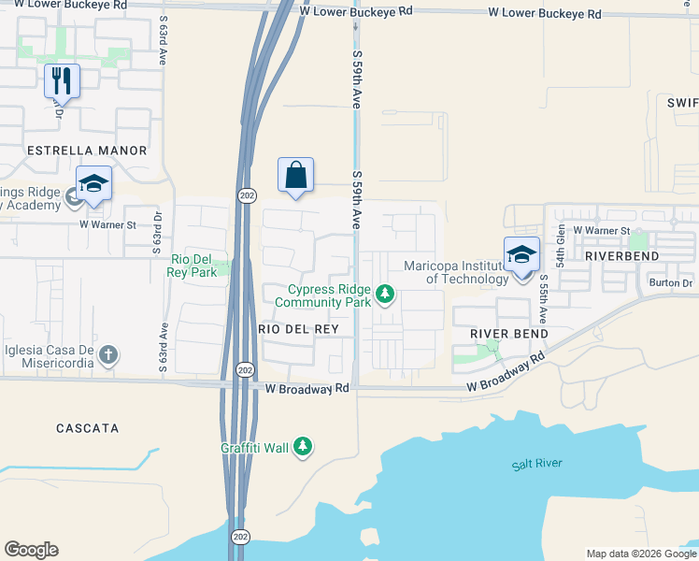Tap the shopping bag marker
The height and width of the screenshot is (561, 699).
click(x=295, y=175)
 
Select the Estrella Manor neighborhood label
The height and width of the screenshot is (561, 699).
click(x=87, y=151)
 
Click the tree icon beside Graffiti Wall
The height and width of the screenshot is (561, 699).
click(x=302, y=448)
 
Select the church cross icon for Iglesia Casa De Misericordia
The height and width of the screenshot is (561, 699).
click(x=109, y=354)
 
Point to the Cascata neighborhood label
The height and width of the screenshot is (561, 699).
click(x=88, y=428)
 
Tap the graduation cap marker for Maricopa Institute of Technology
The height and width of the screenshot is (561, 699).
click(x=522, y=254)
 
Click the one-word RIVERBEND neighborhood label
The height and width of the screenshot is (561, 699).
click(x=621, y=255)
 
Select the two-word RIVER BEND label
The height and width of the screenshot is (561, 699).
click(x=508, y=334)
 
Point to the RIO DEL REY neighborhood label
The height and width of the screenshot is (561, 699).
click(x=290, y=329)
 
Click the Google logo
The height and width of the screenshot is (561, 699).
click(x=31, y=550)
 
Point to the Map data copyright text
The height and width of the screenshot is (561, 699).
click(x=641, y=554)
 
